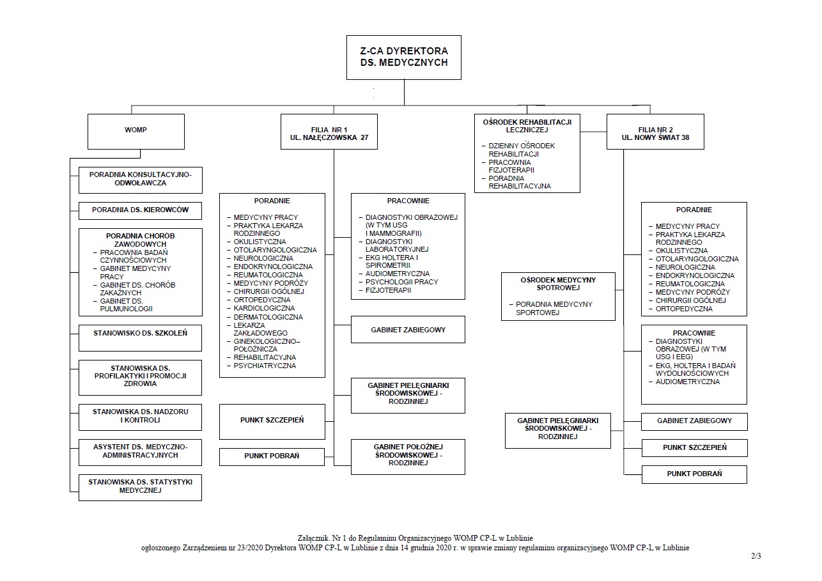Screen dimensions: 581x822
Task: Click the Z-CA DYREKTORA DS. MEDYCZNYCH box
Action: coord(403,57)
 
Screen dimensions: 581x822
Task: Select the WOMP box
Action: coord(136,131)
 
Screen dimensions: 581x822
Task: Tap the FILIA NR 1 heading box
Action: coord(329,132)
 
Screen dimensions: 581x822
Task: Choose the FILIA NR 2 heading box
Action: coord(655,132)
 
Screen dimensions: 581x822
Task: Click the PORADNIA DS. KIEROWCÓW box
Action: coord(141,210)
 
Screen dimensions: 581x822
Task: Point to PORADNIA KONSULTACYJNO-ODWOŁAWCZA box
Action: coord(141,178)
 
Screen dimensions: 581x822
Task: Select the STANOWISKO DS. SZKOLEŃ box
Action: coord(141,333)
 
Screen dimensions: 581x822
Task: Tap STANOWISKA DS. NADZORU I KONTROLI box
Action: coord(141,416)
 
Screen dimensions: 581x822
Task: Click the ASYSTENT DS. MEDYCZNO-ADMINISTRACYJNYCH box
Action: coord(141,451)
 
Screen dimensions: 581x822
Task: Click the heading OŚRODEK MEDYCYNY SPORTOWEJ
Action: coord(559,283)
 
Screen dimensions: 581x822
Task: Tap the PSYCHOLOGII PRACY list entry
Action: coord(401,282)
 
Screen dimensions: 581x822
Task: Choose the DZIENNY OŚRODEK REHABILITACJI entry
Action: coord(522,150)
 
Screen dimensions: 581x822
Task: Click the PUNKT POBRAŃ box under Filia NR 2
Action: coord(694,474)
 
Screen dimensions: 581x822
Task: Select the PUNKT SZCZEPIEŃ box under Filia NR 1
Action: coord(272,420)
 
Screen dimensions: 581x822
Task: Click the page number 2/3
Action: coord(756,555)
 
